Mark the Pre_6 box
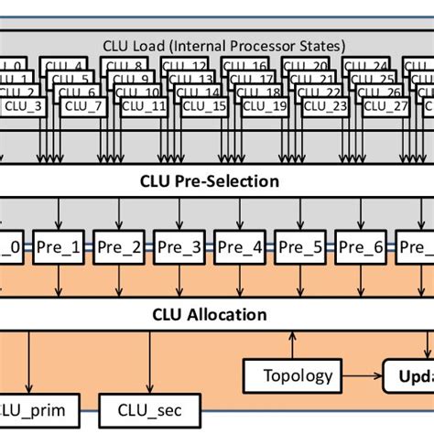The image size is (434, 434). point(364,245)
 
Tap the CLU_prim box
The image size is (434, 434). point(38,409)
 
